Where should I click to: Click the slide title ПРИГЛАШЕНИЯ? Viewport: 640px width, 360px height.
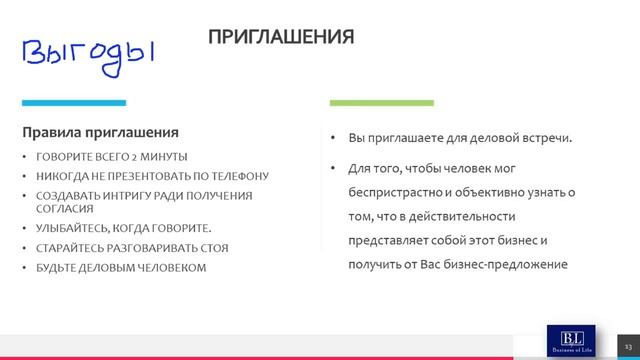(281, 37)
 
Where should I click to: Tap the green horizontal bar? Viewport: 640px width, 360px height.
(381, 102)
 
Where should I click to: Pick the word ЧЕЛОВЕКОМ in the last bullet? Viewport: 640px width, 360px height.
(172, 266)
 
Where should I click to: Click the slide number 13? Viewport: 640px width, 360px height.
(629, 344)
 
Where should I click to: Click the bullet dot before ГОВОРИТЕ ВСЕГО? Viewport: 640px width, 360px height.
(25, 158)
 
